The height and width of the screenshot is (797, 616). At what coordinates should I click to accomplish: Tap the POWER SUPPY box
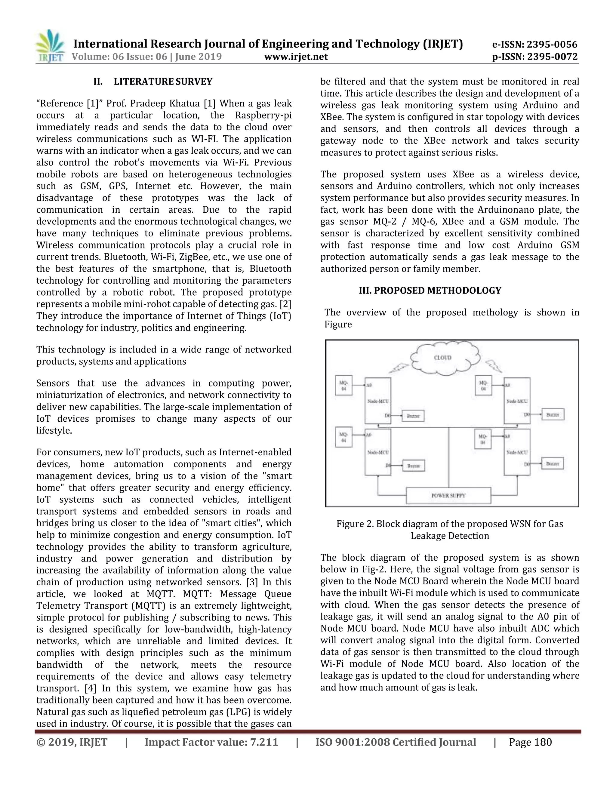[x=448, y=495]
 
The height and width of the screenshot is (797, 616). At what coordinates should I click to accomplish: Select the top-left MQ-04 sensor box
[x=343, y=386]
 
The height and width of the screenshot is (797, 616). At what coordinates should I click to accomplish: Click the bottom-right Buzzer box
[x=553, y=463]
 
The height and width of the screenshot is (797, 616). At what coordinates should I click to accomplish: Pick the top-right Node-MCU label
[x=517, y=401]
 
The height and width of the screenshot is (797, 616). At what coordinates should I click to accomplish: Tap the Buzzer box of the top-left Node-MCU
[x=413, y=416]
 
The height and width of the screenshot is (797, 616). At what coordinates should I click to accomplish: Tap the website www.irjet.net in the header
[x=296, y=57]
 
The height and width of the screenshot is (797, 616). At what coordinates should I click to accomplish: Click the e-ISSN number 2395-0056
[x=552, y=45]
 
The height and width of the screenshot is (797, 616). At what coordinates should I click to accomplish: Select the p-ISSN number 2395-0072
[x=552, y=57]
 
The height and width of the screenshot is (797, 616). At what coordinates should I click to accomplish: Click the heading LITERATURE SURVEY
[x=163, y=82]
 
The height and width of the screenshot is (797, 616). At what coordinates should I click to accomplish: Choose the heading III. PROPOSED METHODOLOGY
[x=430, y=291]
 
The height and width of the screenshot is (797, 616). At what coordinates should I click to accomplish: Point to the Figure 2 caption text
[x=450, y=530]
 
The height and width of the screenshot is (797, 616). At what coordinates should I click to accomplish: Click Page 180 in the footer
[x=530, y=742]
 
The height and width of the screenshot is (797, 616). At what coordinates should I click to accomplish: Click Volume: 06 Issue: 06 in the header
[x=119, y=57]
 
